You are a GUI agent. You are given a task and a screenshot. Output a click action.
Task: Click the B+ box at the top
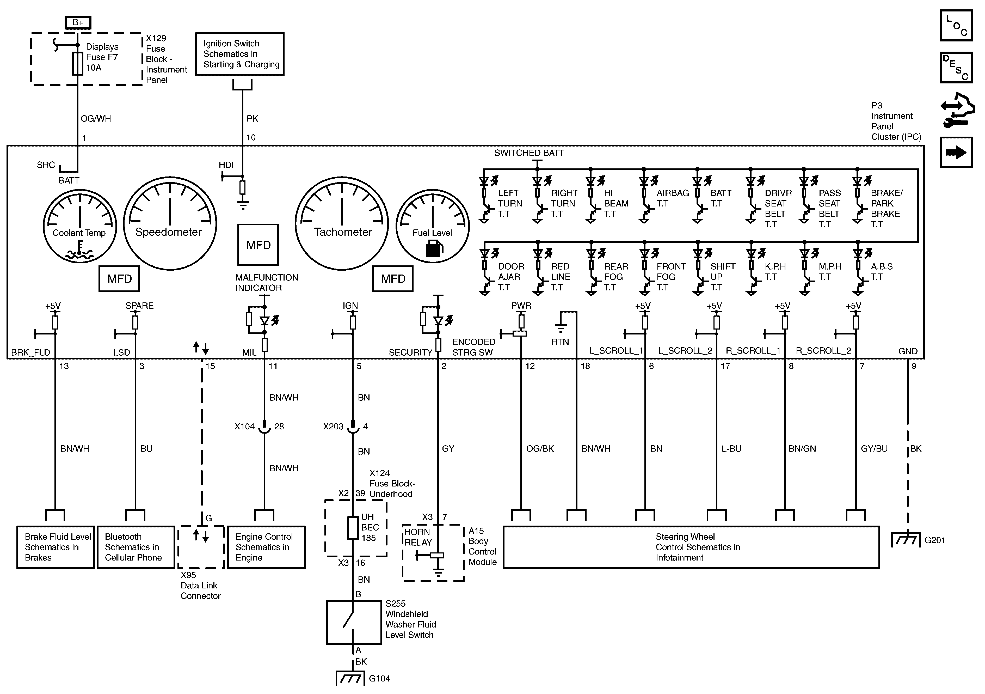coord(78,22)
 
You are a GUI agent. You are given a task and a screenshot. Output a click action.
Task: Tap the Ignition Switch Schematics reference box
coord(240,54)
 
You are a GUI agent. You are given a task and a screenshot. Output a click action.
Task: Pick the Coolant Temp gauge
coord(80,226)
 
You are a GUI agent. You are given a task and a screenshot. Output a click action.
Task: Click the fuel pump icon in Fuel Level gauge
coord(434,248)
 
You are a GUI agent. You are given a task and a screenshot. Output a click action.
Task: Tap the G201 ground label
coord(935,540)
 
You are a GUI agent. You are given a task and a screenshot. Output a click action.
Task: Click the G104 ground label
coord(379,679)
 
